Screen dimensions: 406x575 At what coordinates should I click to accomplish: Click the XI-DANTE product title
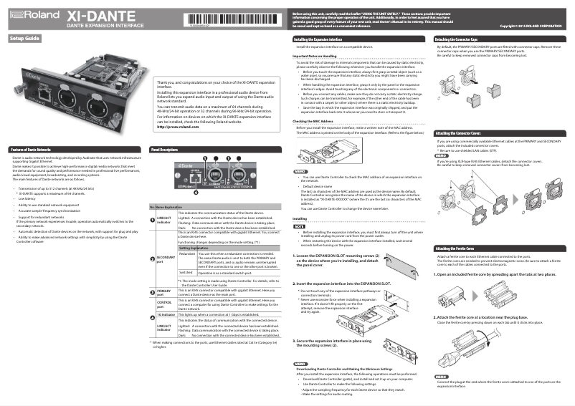pos(93,14)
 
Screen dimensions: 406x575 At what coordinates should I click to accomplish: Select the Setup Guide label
pos(25,38)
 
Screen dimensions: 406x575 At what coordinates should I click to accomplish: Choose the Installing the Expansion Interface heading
pos(319,38)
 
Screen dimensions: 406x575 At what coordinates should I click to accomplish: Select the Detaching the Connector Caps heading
pos(462,38)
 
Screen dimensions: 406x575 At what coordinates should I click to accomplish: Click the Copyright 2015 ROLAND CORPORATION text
pos(531,26)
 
